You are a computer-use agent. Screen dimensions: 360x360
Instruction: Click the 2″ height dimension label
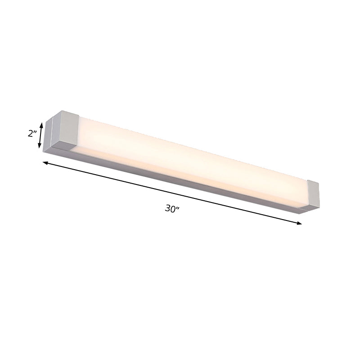tap(32, 134)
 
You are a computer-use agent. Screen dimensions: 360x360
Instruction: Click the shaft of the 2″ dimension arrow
tap(41, 135)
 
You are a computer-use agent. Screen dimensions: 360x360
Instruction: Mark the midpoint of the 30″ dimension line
tap(172, 193)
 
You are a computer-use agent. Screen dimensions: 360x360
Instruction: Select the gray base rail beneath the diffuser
tap(180, 180)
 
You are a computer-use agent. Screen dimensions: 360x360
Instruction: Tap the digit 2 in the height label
tap(30, 134)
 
